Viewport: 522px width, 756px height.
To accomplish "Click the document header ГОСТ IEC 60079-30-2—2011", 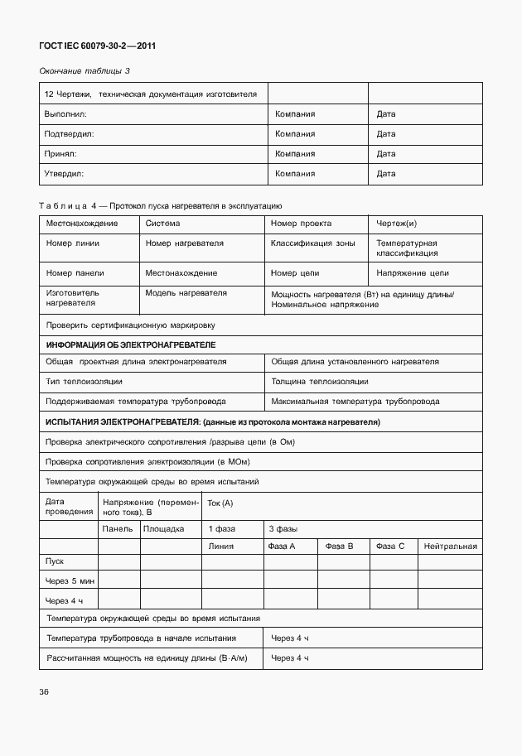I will coord(97,46).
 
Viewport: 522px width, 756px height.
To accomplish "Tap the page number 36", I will coord(43,691).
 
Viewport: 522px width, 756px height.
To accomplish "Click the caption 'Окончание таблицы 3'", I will coord(85,73).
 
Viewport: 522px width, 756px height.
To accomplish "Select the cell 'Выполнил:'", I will coord(65,113).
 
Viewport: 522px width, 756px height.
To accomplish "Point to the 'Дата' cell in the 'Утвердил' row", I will coord(386,174).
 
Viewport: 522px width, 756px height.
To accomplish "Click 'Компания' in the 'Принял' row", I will coord(295,154).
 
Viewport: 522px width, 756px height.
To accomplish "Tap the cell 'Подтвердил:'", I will coord(70,133).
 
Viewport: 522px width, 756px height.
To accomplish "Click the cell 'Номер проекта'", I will coord(301,224).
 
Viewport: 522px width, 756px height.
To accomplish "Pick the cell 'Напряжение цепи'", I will coord(413,272).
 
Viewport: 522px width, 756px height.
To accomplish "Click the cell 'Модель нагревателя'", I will coord(186,293).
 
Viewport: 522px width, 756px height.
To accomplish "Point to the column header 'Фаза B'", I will coord(339,547).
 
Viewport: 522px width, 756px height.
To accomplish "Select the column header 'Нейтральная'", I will coord(450,547).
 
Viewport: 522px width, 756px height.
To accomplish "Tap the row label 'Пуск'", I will coord(56,561).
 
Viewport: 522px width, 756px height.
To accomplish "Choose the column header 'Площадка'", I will coord(163,528).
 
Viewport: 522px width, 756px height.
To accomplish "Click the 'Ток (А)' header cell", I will coord(220,503).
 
